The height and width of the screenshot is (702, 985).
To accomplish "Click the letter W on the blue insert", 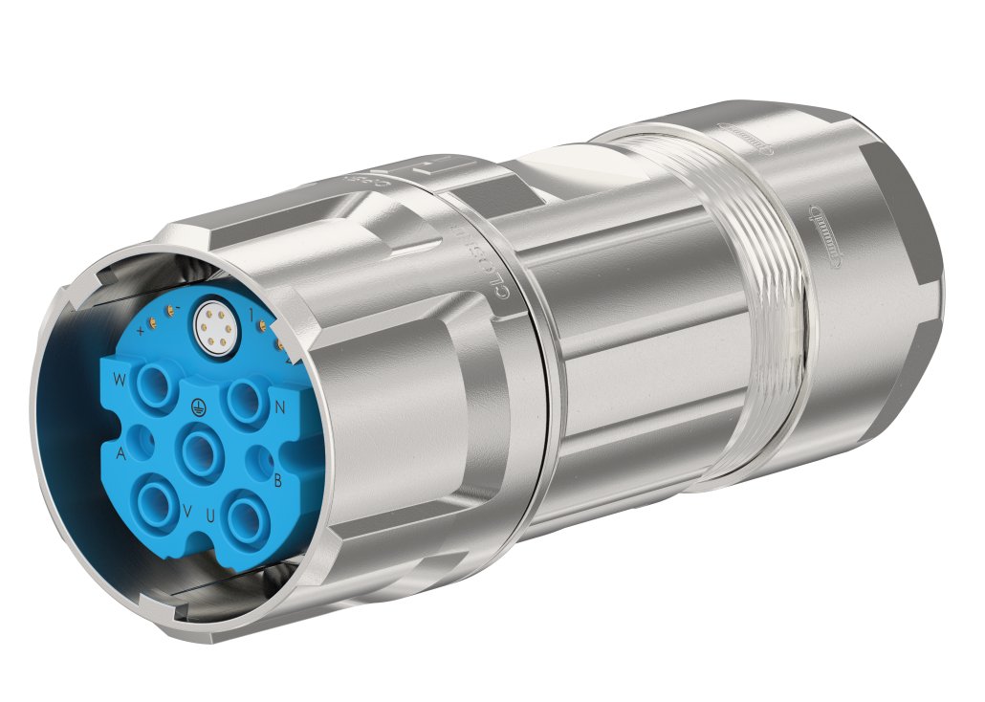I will click(119, 381).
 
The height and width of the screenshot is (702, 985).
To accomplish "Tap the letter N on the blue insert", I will click(280, 407).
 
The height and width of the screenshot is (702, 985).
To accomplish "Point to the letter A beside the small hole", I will click(120, 450).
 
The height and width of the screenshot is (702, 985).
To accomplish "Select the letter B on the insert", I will click(277, 480).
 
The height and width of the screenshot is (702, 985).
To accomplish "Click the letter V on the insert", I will click(186, 512).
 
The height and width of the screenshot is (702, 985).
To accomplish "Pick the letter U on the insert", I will click(209, 516).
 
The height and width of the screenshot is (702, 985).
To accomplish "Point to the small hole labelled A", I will click(146, 443).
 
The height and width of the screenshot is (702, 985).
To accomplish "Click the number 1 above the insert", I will click(251, 314).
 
